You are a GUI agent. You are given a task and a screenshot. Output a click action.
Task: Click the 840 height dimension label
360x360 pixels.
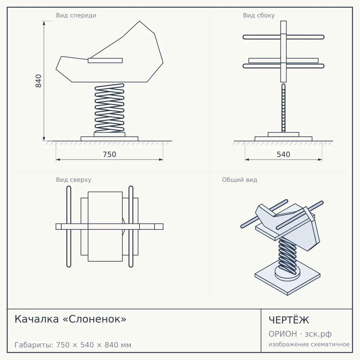[x=38, y=81]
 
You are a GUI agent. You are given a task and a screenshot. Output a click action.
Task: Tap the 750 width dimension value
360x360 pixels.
[x=109, y=154]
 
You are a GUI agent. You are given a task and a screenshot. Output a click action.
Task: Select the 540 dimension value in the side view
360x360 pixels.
[x=283, y=154]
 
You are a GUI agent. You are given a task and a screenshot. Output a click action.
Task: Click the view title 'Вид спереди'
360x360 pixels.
[x=76, y=15]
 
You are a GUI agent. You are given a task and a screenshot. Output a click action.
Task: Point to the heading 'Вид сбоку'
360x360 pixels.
[x=259, y=15]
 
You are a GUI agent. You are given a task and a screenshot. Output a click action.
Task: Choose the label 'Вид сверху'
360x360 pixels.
[x=73, y=180]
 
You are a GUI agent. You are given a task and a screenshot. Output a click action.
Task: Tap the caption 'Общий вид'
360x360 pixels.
[x=239, y=180]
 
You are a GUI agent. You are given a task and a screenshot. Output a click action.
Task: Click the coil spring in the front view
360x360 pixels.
[x=109, y=108]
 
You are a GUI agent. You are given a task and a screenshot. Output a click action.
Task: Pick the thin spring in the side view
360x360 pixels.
[x=283, y=108]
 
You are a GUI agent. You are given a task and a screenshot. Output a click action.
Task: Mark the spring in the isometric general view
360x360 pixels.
[x=287, y=256]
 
